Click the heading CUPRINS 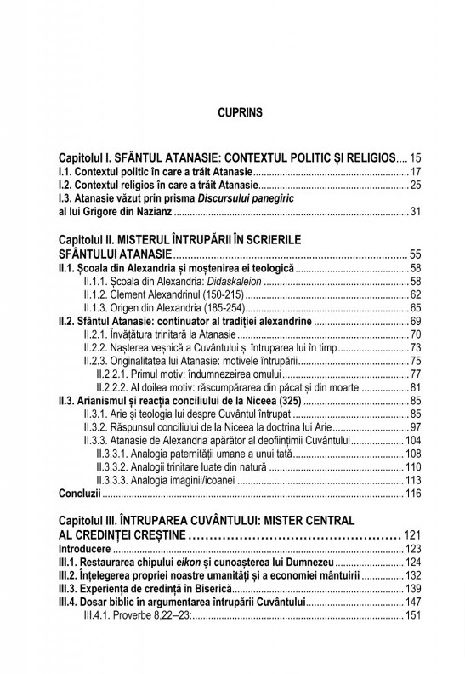coord(241,111)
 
